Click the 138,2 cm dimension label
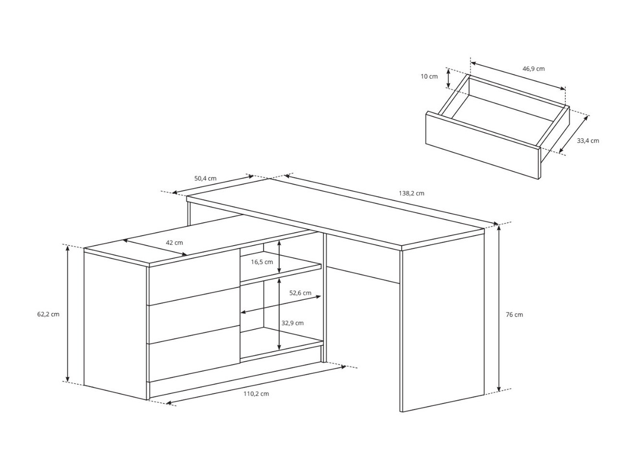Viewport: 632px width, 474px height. tap(411, 193)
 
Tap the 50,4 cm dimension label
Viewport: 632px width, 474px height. tap(205, 178)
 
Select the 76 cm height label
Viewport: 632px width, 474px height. tap(514, 315)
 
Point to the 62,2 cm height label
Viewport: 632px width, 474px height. tap(48, 315)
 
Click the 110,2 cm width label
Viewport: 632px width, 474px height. tap(256, 394)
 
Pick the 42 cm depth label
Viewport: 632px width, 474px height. tap(174, 243)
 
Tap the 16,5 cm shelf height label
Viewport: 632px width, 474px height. tap(262, 262)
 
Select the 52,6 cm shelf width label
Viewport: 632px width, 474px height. tap(300, 293)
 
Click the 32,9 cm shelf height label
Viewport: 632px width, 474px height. tap(293, 323)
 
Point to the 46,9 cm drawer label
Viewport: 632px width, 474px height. tap(533, 69)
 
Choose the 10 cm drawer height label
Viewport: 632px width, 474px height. tap(429, 76)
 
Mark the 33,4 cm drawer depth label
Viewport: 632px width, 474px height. tap(587, 141)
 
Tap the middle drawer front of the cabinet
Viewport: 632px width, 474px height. tap(194, 321)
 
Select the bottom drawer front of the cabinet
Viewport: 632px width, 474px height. tap(194, 360)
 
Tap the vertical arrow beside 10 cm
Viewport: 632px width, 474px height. tap(448, 78)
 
